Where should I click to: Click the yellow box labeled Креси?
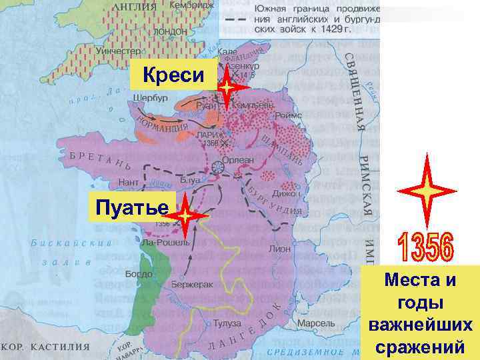173,75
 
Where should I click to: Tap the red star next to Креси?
227,87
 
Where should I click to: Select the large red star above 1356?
426,189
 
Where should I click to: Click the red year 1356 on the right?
426,247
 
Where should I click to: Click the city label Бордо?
139,274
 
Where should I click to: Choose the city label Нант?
129,181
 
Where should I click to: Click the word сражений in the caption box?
420,347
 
